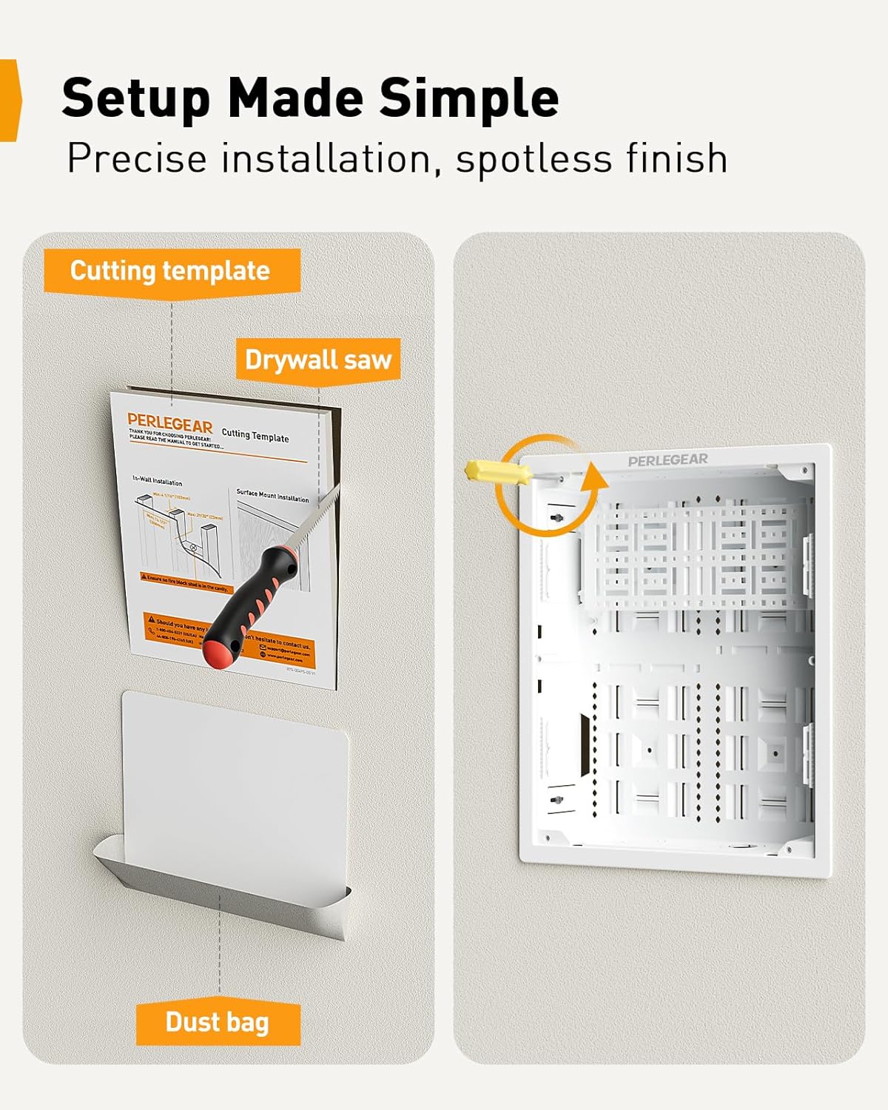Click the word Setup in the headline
click(x=136, y=98)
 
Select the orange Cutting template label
click(x=171, y=271)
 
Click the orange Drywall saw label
click(x=318, y=360)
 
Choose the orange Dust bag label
click(x=218, y=1023)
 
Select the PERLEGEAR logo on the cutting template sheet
click(x=169, y=423)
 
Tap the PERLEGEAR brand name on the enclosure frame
click(x=667, y=460)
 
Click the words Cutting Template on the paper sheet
click(x=255, y=436)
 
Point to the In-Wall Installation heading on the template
click(x=158, y=482)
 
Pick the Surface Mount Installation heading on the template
click(x=272, y=495)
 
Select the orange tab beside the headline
click(x=9, y=100)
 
